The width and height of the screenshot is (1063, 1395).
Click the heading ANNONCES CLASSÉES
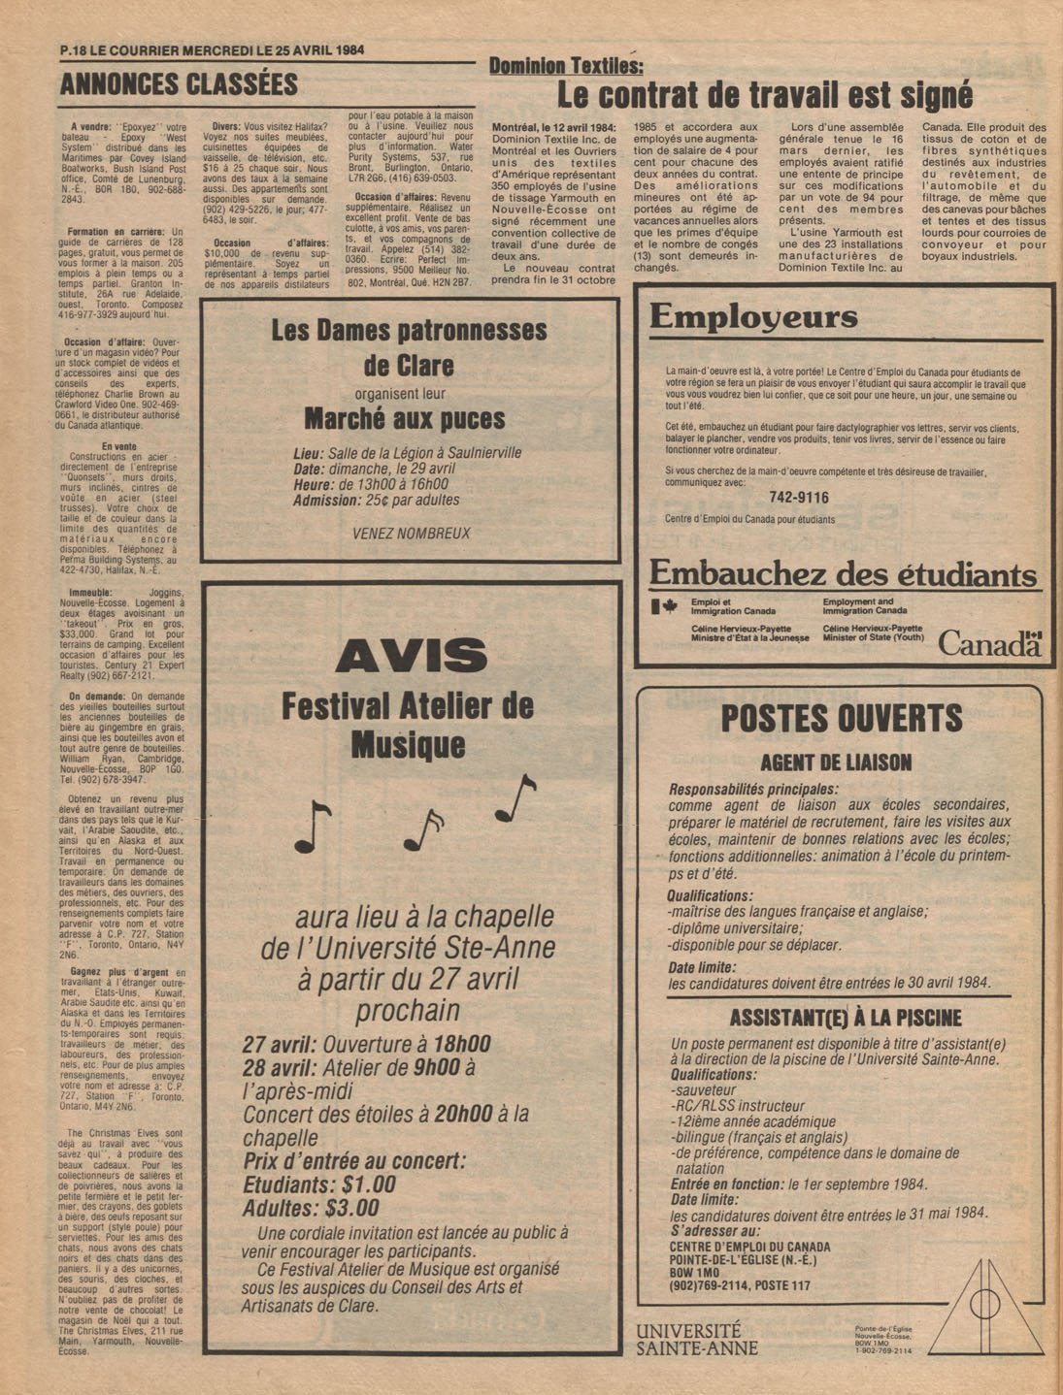tap(179, 85)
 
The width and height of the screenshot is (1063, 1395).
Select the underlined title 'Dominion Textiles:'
tap(565, 66)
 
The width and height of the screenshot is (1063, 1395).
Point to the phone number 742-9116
tap(798, 498)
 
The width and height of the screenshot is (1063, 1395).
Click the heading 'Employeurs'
tap(753, 317)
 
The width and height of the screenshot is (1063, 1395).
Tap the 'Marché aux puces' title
tap(405, 419)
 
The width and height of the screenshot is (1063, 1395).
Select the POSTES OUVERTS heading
tap(841, 719)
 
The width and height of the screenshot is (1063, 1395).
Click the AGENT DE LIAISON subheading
tap(836, 762)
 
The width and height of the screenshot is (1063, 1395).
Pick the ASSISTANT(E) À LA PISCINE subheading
tap(845, 1018)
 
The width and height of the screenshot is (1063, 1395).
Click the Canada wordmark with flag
tap(989, 643)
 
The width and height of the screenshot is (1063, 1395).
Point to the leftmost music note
tap(313, 827)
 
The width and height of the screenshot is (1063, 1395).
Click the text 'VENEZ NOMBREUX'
tap(411, 534)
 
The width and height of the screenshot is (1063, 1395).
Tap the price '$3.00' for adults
tap(350, 1209)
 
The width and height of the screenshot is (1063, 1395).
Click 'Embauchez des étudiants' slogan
tap(843, 574)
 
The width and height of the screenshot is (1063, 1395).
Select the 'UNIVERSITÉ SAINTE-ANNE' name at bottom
tap(697, 1339)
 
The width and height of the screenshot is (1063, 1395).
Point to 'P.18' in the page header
tap(73, 51)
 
